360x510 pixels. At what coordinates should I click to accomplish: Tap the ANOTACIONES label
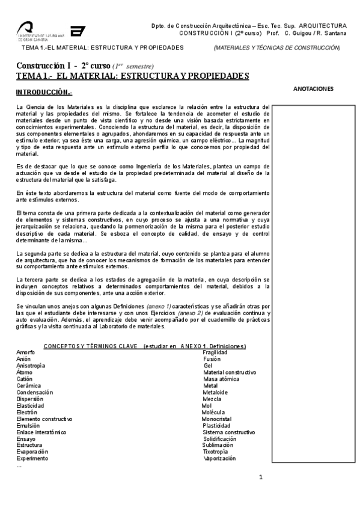[313, 88]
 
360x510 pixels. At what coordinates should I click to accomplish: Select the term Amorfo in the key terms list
[26, 352]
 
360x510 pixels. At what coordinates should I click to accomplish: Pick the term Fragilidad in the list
[215, 352]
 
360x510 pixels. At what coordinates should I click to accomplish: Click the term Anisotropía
[30, 365]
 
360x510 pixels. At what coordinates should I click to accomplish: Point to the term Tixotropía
[216, 451]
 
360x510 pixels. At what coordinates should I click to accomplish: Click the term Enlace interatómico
[41, 432]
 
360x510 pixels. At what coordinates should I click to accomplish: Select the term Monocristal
[218, 418]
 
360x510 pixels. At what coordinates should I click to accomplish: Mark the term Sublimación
[218, 445]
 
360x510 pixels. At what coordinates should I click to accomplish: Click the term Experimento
[31, 458]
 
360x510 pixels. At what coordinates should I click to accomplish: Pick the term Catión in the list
[24, 379]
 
